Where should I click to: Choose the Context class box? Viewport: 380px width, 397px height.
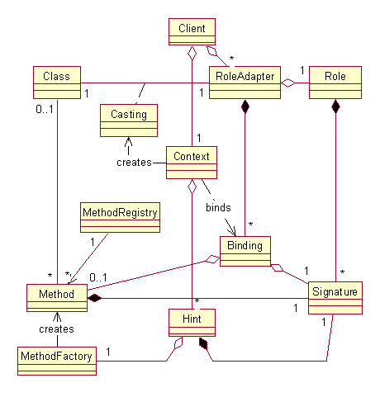tap(192, 161)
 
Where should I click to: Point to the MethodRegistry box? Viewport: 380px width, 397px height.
tap(119, 218)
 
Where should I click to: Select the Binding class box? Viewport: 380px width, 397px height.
tap(245, 251)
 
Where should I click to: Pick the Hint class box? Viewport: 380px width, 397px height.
tap(191, 322)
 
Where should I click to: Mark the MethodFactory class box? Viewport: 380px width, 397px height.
tap(55, 361)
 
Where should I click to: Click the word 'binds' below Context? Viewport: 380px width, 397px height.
tap(218, 207)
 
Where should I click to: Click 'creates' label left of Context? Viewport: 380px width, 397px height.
tap(135, 162)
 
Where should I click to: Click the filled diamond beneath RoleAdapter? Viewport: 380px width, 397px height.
tap(245, 107)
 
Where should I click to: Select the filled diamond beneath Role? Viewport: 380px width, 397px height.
tap(335, 107)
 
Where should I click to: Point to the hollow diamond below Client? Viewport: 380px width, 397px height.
tap(192, 54)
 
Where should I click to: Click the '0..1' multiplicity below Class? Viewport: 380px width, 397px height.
tap(45, 108)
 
